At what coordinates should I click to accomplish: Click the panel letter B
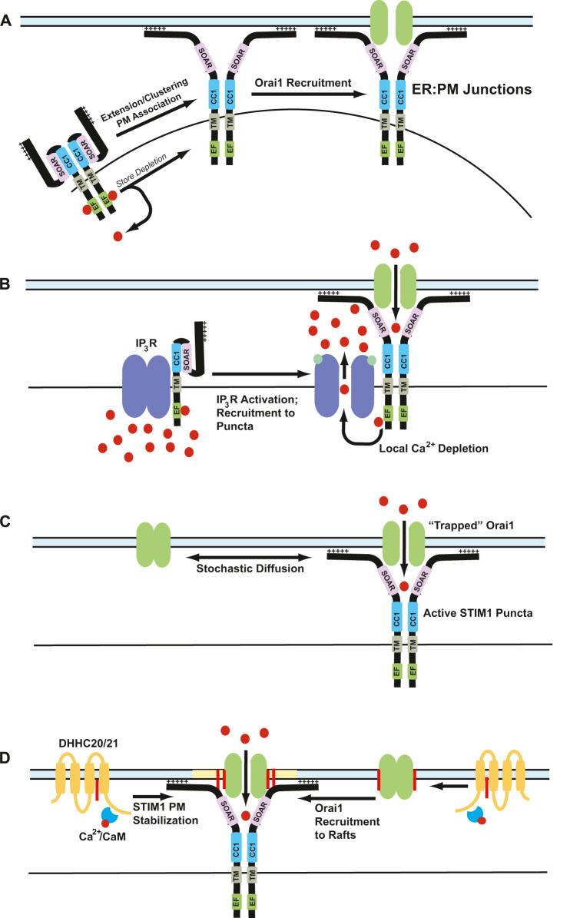pyautogui.click(x=8, y=284)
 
